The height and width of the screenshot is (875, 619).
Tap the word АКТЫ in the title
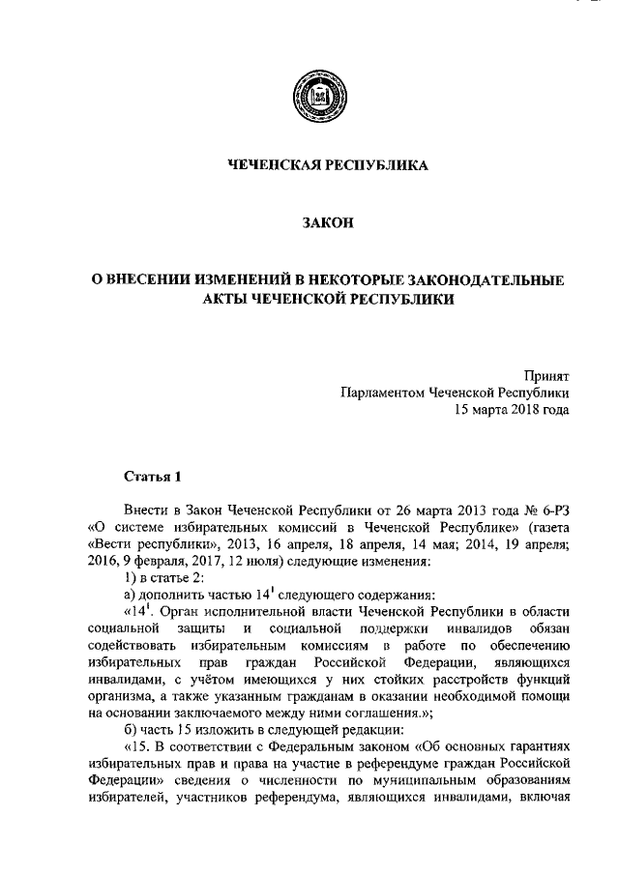coord(227,300)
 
